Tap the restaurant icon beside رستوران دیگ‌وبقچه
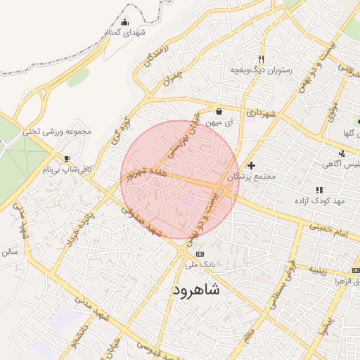click(x=261, y=59)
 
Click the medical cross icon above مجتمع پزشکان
click(x=251, y=165)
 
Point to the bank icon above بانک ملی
click(x=200, y=253)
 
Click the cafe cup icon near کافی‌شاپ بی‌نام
click(x=67, y=158)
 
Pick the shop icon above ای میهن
click(x=219, y=111)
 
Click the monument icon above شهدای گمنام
click(x=125, y=22)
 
